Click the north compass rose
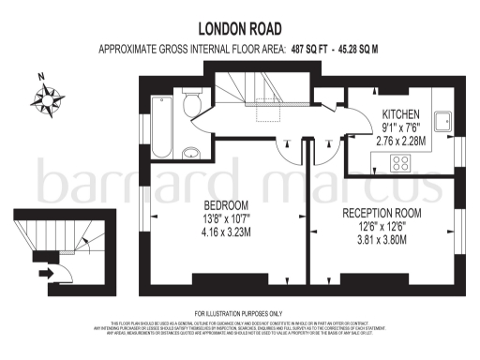[x=44, y=95]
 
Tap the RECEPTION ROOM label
[x=382, y=213]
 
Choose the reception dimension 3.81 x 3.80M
[x=382, y=239]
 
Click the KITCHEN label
[x=400, y=115]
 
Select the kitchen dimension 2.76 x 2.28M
[x=399, y=141]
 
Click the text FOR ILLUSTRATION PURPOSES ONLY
[x=239, y=312]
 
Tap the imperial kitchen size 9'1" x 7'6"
[x=400, y=128]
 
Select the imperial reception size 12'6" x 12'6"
[x=382, y=226]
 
